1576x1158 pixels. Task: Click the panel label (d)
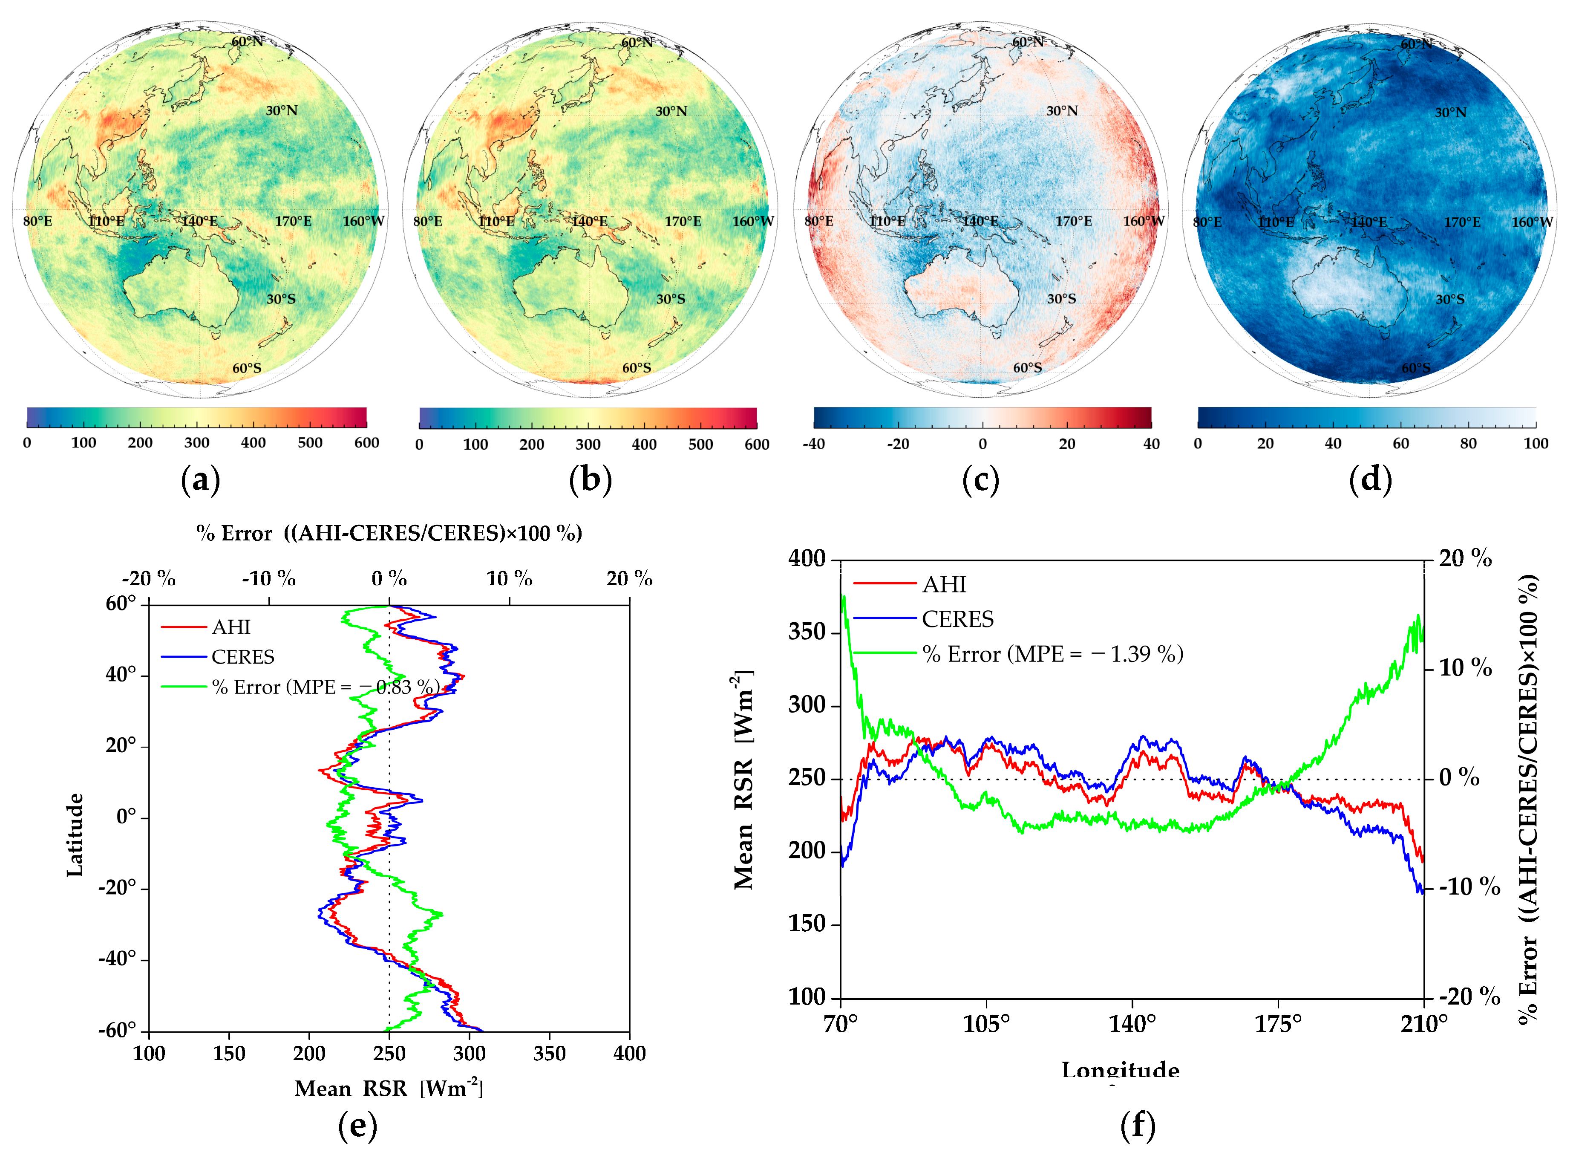pos(1369,480)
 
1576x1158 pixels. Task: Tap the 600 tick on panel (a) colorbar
pos(366,443)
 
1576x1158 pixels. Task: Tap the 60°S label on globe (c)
pos(1027,368)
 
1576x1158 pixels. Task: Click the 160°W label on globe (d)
pos(1532,222)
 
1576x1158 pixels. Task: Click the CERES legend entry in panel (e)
pos(242,657)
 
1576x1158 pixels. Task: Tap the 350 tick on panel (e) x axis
pos(549,1054)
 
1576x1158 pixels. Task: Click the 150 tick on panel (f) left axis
pos(807,924)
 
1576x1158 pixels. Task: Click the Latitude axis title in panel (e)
pos(75,834)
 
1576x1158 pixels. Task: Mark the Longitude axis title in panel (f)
pos(1120,1070)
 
